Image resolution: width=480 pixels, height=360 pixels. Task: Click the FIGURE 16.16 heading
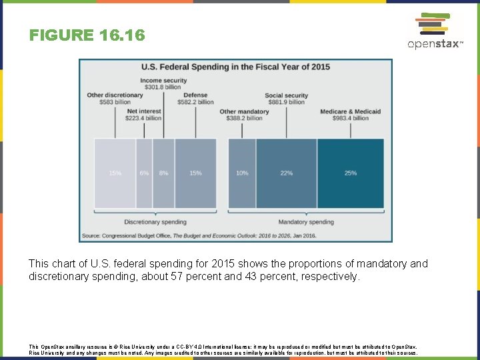[87, 35]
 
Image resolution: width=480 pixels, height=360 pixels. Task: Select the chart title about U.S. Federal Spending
[235, 67]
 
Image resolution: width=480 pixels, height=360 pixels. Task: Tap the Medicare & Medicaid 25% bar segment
[350, 173]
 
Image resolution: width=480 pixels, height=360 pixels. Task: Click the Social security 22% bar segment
[286, 173]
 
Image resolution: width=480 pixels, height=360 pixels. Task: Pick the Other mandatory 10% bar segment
[242, 173]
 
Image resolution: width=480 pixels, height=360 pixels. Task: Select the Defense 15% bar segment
[195, 173]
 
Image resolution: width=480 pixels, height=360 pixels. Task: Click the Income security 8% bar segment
[163, 173]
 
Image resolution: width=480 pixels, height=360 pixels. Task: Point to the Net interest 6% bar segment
[144, 173]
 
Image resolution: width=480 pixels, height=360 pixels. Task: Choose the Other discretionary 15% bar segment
[115, 173]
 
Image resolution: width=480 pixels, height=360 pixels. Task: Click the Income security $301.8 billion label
[163, 83]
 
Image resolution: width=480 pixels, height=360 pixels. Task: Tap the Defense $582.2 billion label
[195, 99]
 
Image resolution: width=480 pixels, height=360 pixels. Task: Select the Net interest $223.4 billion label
[143, 115]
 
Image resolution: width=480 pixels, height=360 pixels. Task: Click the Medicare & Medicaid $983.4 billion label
[350, 115]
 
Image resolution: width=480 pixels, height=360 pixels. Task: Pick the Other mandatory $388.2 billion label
[244, 115]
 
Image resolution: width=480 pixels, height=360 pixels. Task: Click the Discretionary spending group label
[155, 222]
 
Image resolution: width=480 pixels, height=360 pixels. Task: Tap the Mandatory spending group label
[306, 222]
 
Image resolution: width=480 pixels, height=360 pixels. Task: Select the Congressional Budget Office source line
[199, 236]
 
